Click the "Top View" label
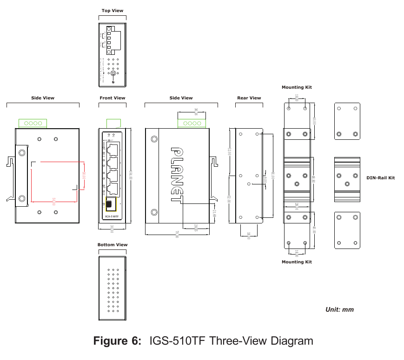(113, 11)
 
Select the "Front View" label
(113, 98)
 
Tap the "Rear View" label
(249, 98)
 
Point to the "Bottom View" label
(113, 245)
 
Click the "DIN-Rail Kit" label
(380, 177)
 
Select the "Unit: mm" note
(339, 309)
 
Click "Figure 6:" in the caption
(117, 341)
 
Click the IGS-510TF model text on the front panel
(112, 216)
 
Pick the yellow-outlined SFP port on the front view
(111, 204)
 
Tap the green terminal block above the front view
(114, 123)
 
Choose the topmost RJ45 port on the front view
(112, 149)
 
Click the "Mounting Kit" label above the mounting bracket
(297, 87)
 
